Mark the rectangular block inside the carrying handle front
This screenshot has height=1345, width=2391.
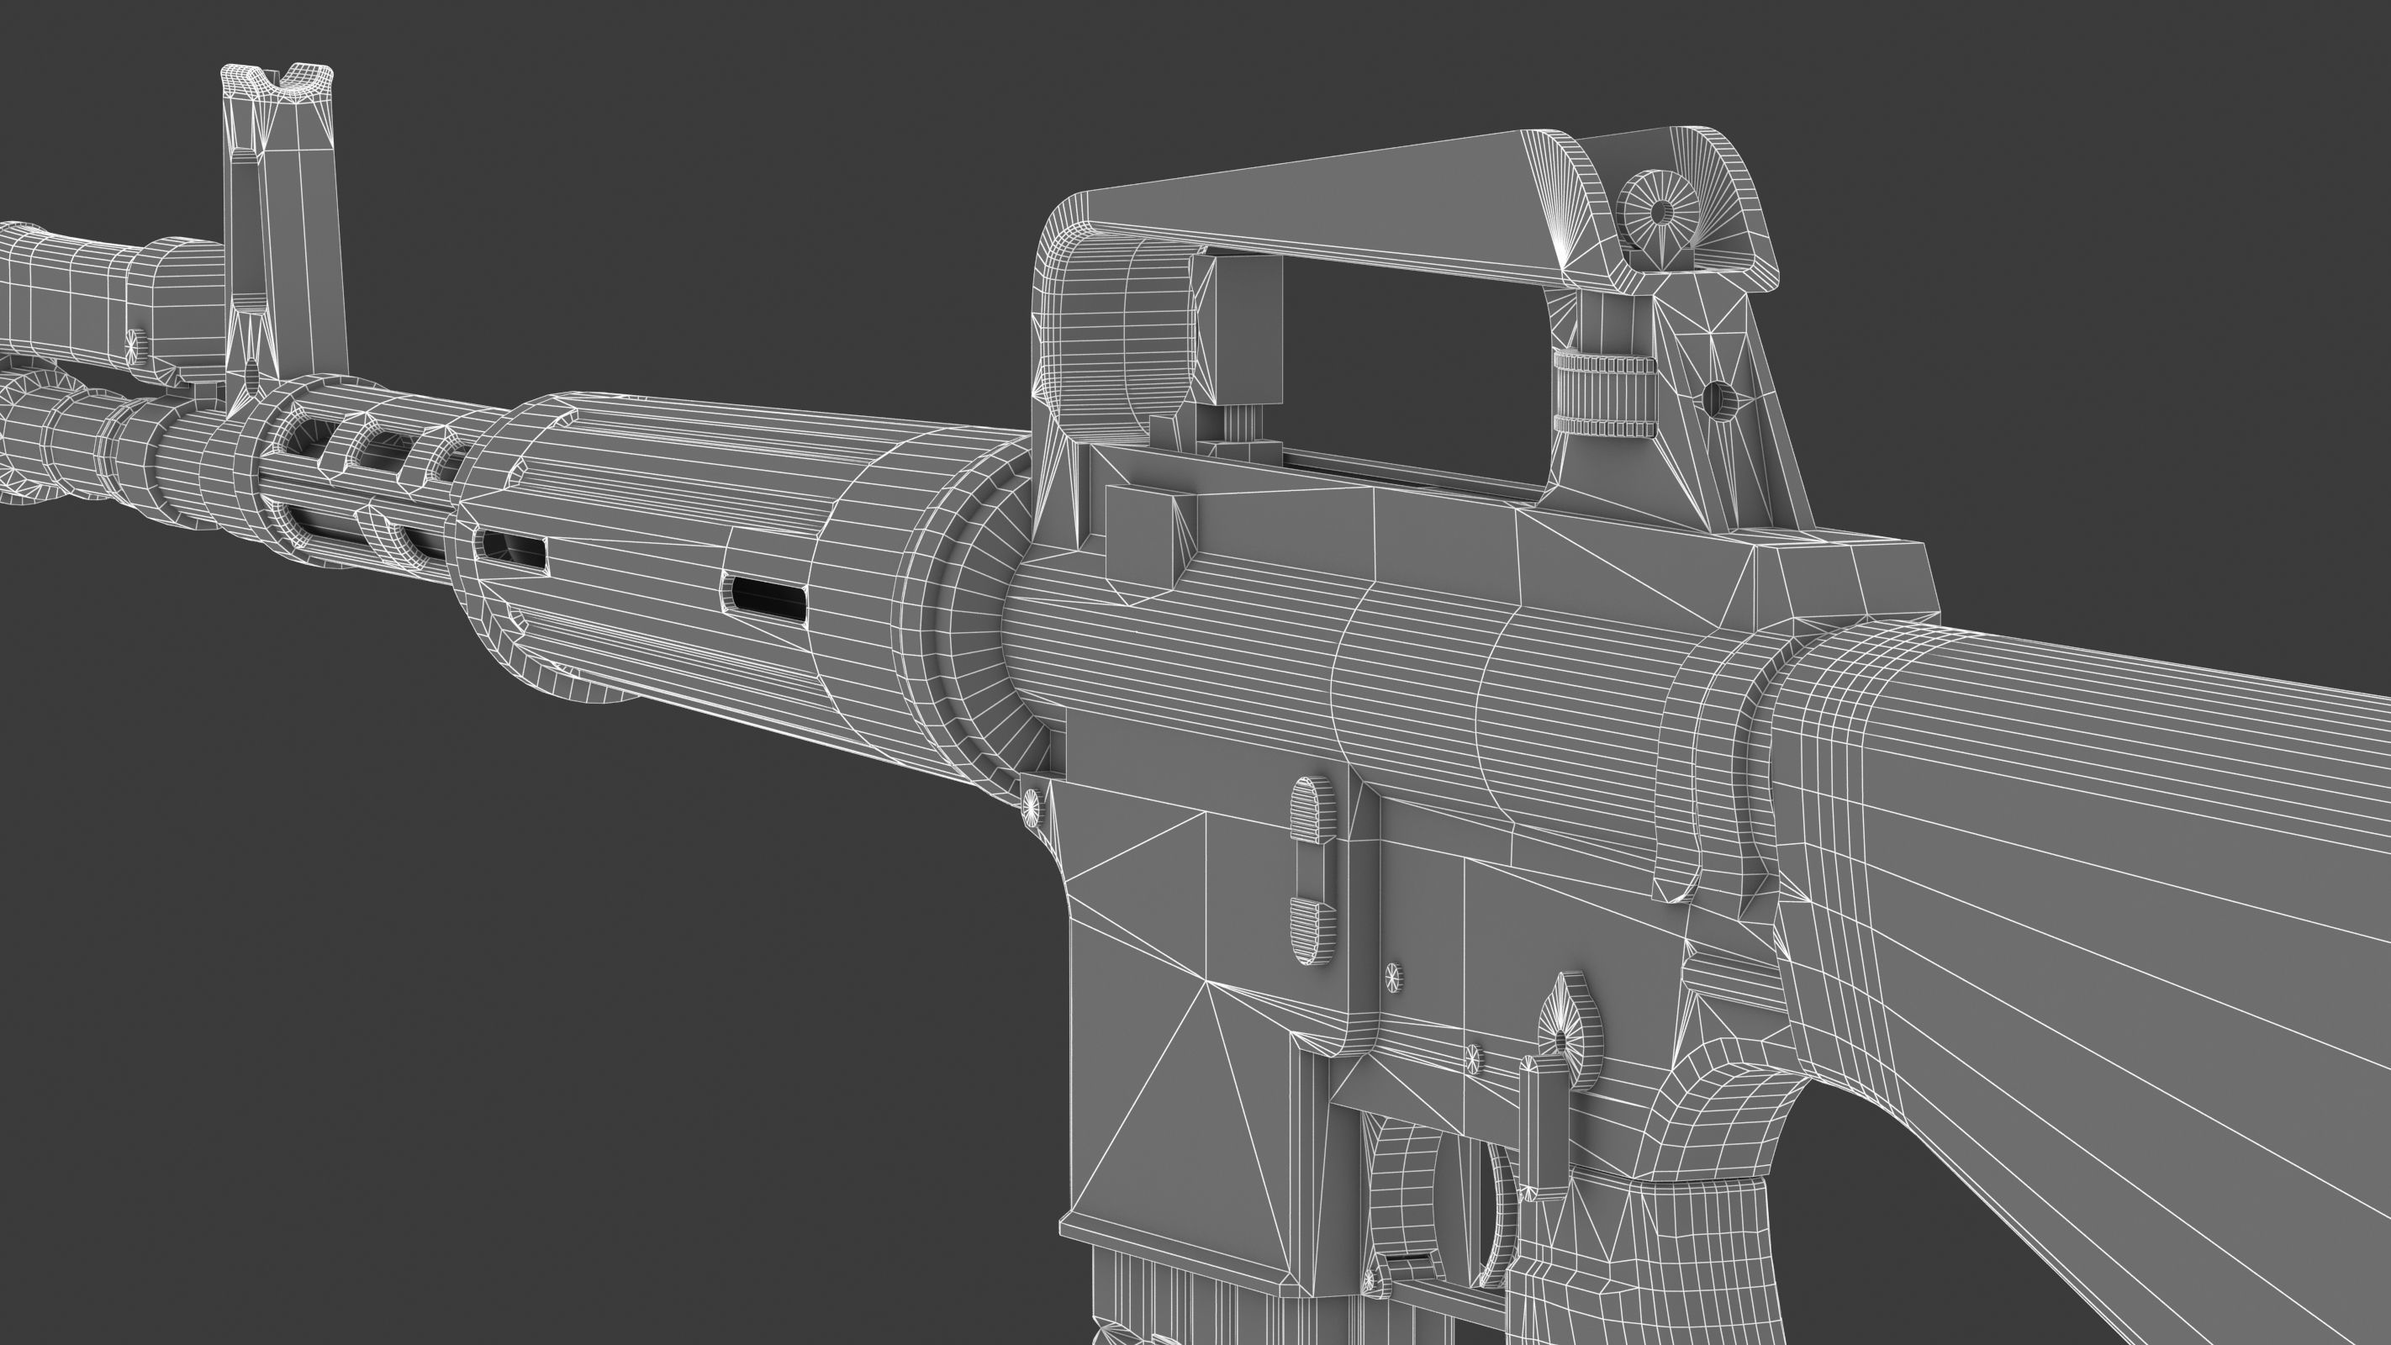click(x=1247, y=335)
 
